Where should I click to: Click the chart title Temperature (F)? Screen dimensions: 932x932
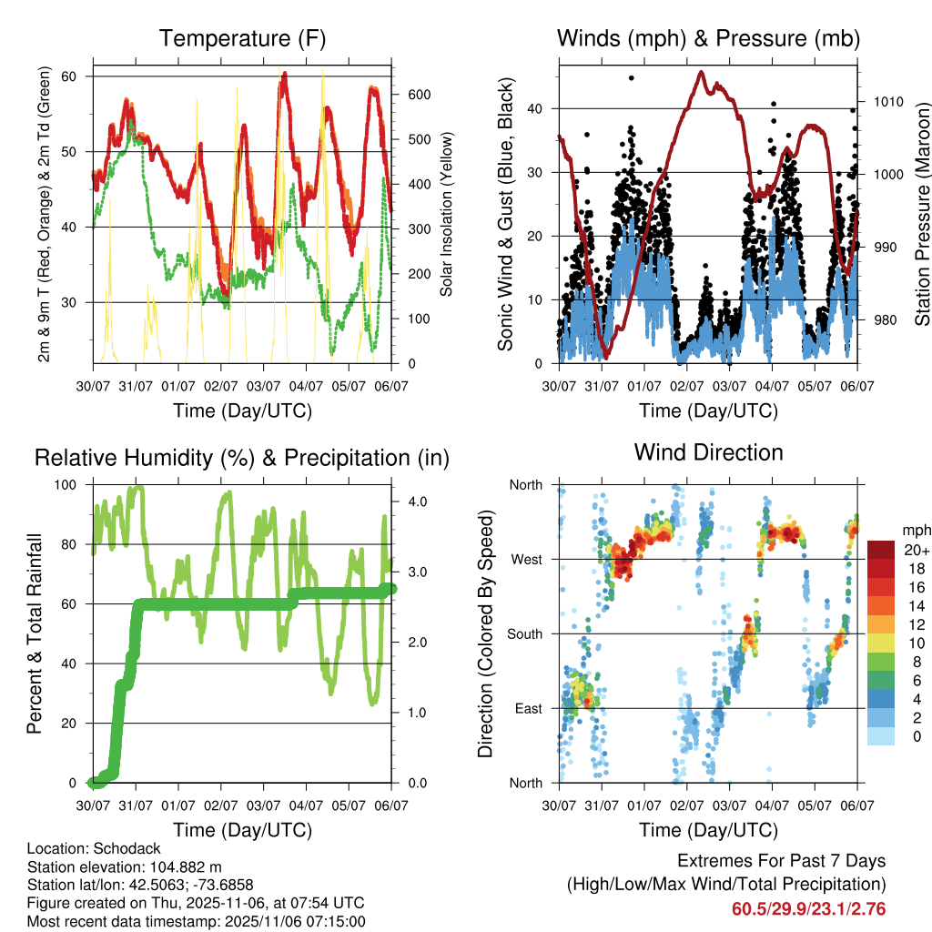tap(242, 39)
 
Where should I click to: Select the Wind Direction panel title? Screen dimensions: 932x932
tap(708, 452)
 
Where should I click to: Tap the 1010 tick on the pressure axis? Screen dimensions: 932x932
tap(886, 101)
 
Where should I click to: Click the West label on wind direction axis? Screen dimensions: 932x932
tap(525, 559)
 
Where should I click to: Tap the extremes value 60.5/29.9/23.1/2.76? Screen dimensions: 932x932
tap(808, 909)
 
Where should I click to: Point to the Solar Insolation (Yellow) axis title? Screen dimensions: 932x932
tap(447, 214)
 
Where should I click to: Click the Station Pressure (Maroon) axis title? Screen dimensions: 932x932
tap(922, 214)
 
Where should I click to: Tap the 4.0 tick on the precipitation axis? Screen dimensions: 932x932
tap(415, 501)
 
